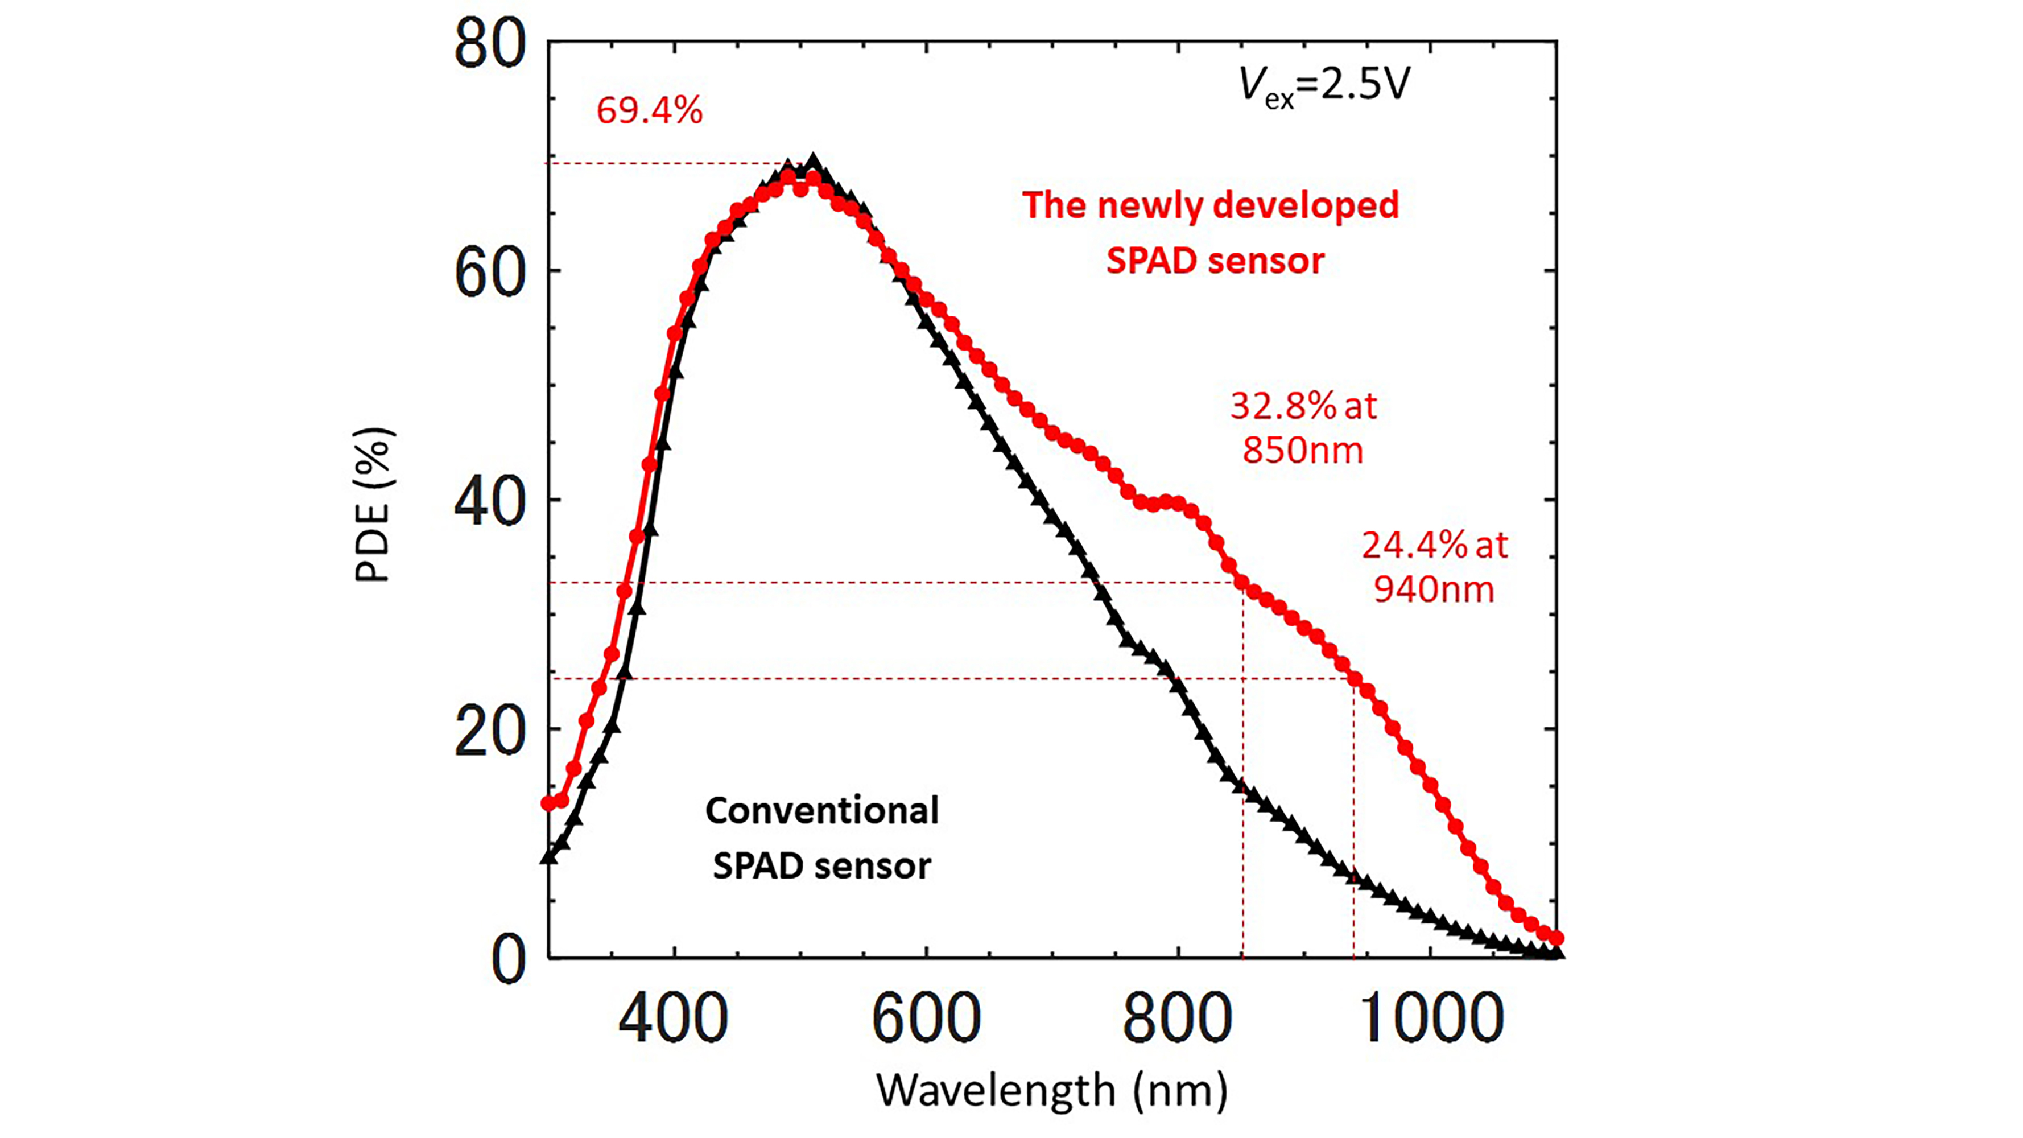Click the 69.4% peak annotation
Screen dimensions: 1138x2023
(x=650, y=112)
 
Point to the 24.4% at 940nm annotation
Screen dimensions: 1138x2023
(x=1435, y=567)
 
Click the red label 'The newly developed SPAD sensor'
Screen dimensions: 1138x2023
(x=1212, y=233)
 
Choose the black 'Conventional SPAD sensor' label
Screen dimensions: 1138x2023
(x=821, y=839)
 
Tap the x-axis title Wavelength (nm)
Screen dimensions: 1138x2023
(x=1051, y=1090)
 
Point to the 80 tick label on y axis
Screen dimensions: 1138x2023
(x=489, y=46)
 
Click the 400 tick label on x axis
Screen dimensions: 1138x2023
(x=674, y=1019)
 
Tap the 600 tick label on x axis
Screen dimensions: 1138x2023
(x=927, y=1019)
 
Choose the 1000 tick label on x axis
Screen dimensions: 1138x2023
(x=1431, y=1019)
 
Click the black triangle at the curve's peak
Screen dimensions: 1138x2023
(x=814, y=163)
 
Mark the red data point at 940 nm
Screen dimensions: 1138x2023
(x=1354, y=679)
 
